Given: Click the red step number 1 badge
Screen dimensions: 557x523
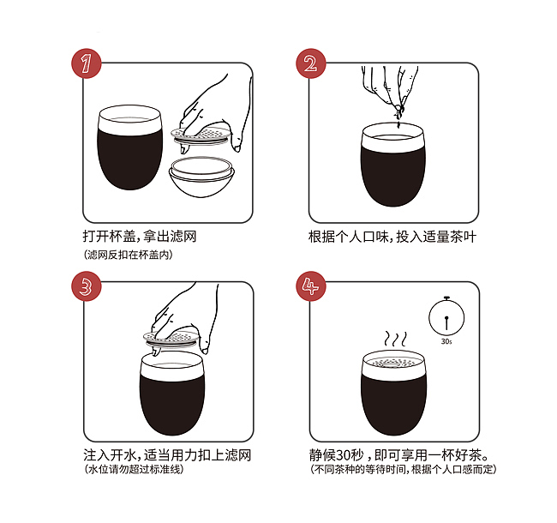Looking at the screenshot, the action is (x=87, y=63).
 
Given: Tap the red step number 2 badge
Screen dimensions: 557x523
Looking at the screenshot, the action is (x=311, y=63).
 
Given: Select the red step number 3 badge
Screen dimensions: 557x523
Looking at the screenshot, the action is (x=87, y=286).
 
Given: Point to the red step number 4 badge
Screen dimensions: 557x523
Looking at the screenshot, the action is (x=311, y=286).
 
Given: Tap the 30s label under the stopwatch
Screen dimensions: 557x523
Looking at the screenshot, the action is (x=446, y=341).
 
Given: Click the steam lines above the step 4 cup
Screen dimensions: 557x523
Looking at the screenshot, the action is (x=395, y=340).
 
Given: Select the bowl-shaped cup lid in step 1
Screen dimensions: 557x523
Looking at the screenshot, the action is (x=201, y=177).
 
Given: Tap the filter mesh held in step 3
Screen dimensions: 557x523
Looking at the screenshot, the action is (x=173, y=338).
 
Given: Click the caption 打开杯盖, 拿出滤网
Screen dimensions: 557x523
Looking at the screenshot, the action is (x=140, y=237).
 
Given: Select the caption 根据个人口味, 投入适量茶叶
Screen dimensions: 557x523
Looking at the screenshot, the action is (x=392, y=237).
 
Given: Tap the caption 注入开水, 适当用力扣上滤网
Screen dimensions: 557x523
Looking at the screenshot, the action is (x=167, y=455).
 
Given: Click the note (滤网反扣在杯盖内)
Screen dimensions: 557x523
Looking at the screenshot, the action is (x=129, y=255).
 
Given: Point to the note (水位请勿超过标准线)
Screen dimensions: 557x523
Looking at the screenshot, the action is (x=134, y=469).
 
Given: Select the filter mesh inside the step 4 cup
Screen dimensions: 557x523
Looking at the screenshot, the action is (x=393, y=362).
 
